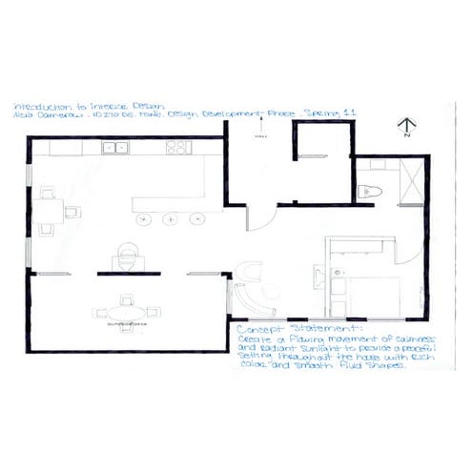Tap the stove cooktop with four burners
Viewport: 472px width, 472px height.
click(x=178, y=147)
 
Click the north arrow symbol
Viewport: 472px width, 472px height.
click(x=406, y=126)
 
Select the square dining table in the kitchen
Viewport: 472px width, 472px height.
click(x=47, y=211)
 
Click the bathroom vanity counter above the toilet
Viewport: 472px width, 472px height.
click(x=371, y=174)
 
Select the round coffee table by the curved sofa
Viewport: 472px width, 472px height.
click(x=251, y=273)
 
